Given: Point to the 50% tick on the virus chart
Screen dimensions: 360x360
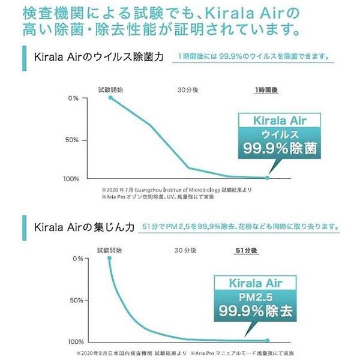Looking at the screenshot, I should coord(73,140).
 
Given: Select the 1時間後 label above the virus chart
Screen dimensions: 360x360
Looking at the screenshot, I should coord(268,89).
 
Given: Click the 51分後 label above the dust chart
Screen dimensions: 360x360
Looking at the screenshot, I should coord(246,250).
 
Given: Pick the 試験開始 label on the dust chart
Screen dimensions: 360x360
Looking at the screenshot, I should coord(109,250).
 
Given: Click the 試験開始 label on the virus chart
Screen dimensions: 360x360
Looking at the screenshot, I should coord(110,89).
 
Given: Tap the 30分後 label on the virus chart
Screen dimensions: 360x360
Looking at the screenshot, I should coord(188,89).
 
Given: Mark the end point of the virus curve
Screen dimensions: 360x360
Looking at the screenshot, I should coord(267,178).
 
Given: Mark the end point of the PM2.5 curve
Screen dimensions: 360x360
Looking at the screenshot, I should coord(267,340).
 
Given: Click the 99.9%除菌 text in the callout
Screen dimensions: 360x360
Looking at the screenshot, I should coord(279,148).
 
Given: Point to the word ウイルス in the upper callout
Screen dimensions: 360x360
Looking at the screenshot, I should coord(279,133).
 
